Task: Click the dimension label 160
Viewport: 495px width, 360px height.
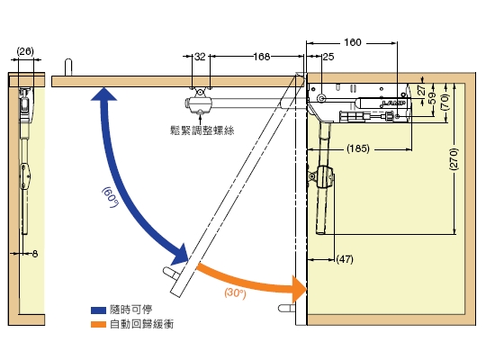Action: [353, 42]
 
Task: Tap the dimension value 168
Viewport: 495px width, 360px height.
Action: [262, 57]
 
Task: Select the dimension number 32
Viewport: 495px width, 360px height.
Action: [200, 57]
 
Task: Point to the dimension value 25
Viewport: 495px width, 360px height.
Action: [328, 57]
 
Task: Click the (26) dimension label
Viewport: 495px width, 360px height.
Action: [25, 51]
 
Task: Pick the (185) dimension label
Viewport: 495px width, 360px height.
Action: [358, 148]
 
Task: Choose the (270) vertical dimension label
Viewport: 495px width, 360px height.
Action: [454, 158]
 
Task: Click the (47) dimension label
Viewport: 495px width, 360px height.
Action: [345, 259]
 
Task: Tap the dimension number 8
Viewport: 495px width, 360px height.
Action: [35, 254]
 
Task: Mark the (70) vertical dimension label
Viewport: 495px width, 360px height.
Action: [445, 102]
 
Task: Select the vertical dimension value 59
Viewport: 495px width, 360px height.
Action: [433, 98]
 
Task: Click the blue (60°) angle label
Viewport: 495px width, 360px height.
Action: [110, 197]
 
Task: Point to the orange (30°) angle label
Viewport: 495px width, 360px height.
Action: [235, 293]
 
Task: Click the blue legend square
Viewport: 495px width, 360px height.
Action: [98, 310]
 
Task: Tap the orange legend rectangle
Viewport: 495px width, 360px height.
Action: [98, 324]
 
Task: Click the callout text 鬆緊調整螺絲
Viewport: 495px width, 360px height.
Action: [202, 130]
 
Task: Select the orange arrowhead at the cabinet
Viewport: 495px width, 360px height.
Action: [300, 289]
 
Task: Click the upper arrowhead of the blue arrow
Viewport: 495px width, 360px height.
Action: [103, 94]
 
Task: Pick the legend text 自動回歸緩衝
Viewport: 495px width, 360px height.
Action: [141, 324]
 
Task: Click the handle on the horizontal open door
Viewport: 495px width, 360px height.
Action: [68, 67]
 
